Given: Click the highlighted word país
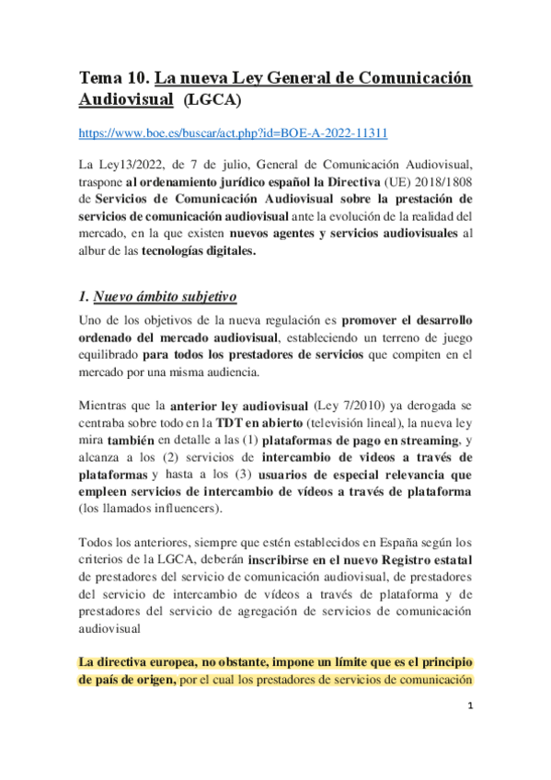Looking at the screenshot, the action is (x=105, y=680).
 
